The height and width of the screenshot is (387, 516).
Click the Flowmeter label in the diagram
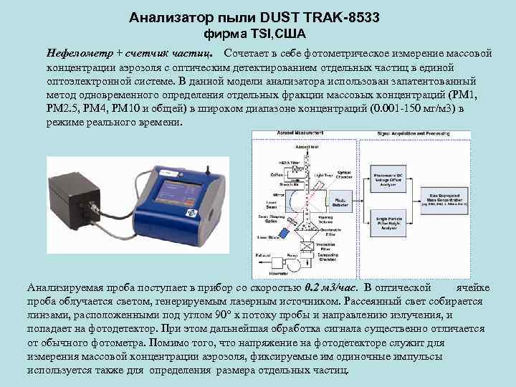[290, 272]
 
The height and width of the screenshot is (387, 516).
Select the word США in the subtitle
[292, 34]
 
